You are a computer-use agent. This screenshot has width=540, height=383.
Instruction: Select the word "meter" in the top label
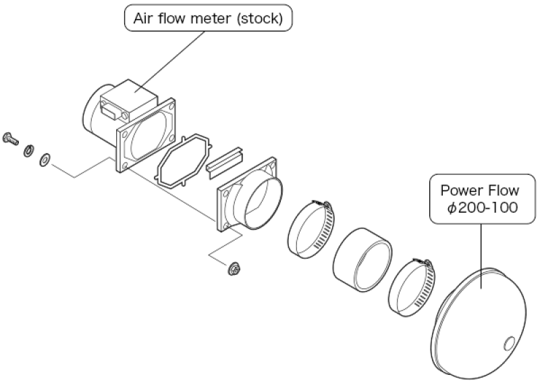tap(201, 19)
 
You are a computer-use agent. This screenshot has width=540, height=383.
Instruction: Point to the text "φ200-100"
tap(482, 208)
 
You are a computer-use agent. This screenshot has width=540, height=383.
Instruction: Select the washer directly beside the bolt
tap(30, 150)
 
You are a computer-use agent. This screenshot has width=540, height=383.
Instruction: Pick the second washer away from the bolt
tap(45, 159)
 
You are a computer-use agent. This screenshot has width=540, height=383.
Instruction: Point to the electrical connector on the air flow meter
tap(112, 108)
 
